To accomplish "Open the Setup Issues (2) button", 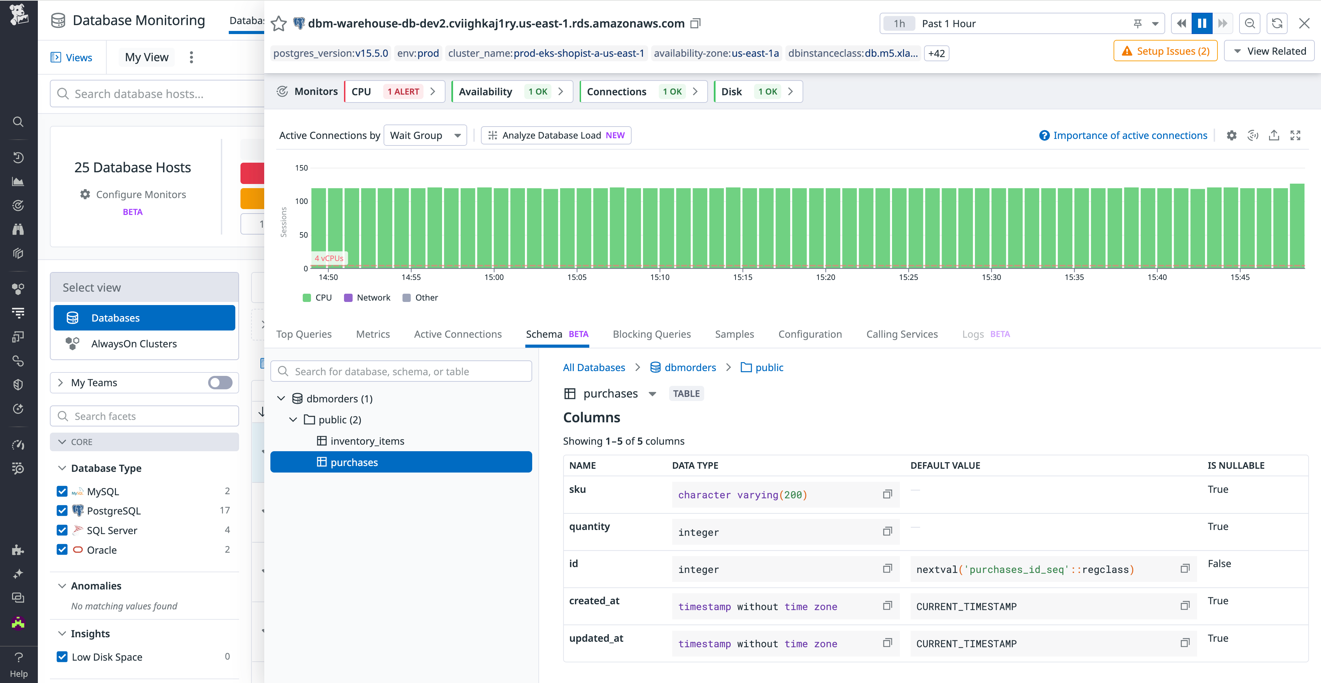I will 1165,51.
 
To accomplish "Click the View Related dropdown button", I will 1269,51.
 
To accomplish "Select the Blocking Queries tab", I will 651,334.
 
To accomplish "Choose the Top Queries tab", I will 303,334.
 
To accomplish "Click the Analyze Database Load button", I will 556,135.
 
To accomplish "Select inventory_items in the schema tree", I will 367,441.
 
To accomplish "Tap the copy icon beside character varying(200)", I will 887,494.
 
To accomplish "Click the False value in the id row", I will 1219,564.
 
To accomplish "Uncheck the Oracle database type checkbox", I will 62,550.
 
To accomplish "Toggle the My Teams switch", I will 220,382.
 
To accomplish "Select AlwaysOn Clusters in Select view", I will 134,344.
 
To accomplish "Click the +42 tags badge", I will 936,53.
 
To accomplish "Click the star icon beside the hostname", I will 278,24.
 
